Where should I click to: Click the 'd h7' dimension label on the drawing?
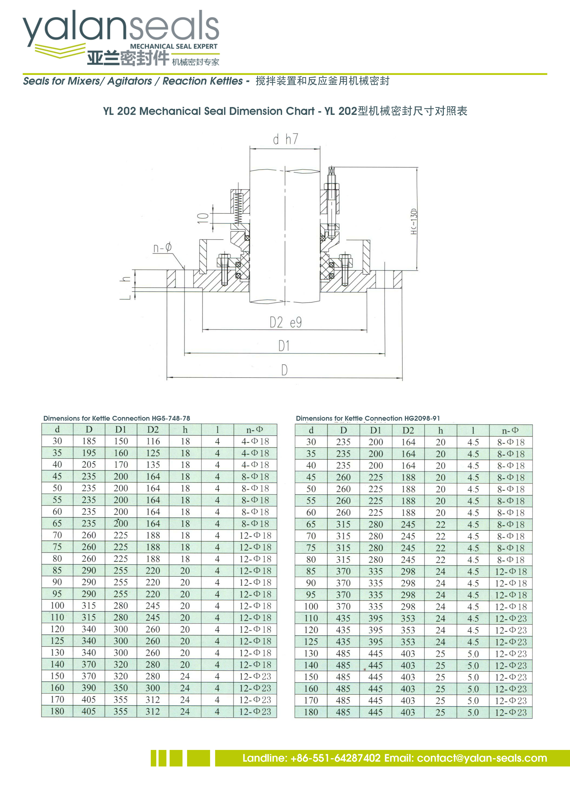click(x=285, y=139)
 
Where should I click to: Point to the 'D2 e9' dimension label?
click(x=285, y=322)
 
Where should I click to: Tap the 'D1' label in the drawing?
click(x=284, y=346)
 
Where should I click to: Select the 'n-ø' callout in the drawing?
click(x=162, y=248)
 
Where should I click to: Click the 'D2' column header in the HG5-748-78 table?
click(x=153, y=429)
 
